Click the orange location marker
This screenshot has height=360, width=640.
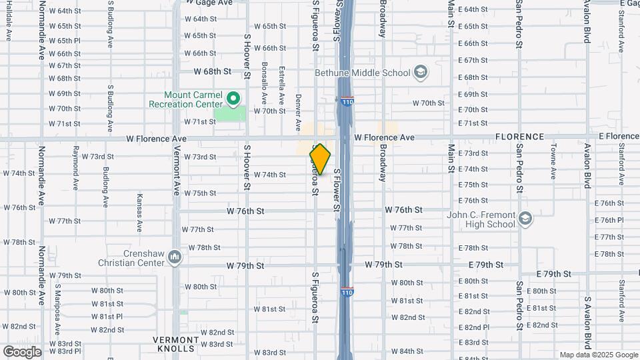tap(320, 159)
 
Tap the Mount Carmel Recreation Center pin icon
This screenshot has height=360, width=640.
tap(233, 99)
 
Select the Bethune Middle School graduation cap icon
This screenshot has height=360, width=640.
tap(420, 72)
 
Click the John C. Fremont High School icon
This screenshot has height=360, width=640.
tap(525, 219)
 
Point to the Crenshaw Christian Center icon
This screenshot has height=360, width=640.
tap(175, 257)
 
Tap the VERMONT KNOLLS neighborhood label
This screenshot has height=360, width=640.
tap(177, 343)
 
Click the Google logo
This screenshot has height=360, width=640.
tap(21, 351)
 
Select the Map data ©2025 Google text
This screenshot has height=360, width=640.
tap(598, 355)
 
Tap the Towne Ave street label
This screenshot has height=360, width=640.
tap(553, 163)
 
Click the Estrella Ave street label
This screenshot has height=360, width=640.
tap(281, 83)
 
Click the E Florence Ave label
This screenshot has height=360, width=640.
tap(618, 136)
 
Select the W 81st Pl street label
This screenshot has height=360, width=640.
tap(107, 316)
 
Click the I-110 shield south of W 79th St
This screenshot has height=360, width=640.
tap(347, 291)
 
